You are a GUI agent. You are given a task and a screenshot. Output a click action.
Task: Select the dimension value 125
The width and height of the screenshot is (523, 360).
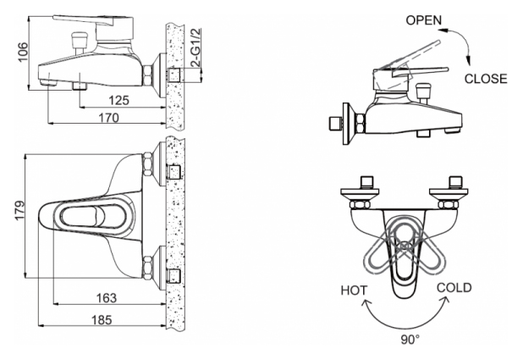119,101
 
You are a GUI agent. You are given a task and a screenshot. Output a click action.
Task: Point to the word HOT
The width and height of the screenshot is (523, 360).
354,290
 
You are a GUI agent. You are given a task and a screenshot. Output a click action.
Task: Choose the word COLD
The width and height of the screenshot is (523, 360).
454,288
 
